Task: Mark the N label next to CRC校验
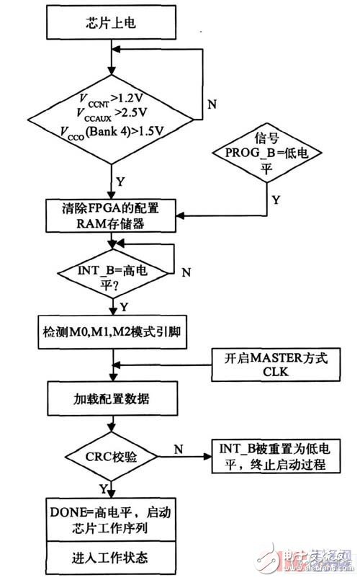click(x=180, y=447)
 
